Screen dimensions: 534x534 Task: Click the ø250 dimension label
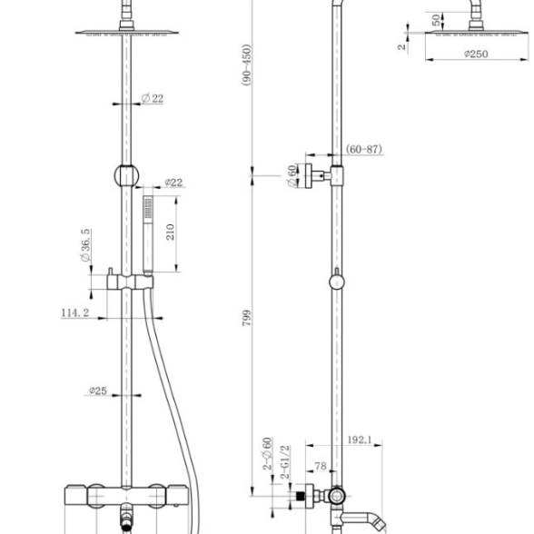[476, 54]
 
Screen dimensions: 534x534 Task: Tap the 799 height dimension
[247, 318]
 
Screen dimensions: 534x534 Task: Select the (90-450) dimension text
[247, 64]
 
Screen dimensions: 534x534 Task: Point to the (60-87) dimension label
[363, 149]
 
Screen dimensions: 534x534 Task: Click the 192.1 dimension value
[360, 440]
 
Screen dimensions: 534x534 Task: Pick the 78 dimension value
[321, 466]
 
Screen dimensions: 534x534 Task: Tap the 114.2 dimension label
[74, 312]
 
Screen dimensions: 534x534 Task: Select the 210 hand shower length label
[171, 232]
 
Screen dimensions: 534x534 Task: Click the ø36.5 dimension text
[85, 245]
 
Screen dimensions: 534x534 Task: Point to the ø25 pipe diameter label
[98, 391]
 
